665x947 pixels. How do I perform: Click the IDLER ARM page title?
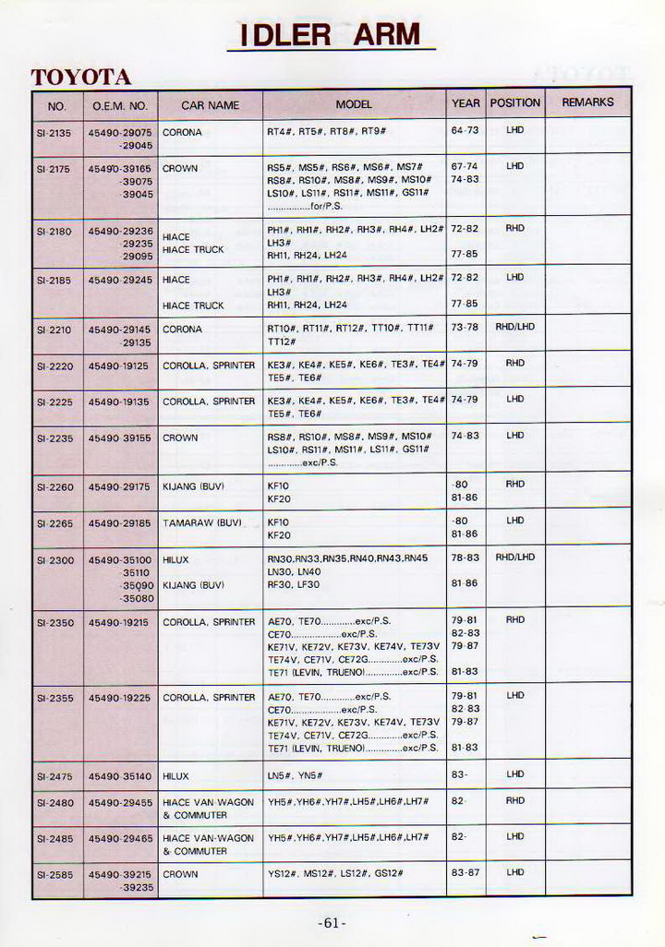pyautogui.click(x=331, y=35)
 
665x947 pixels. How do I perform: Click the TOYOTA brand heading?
pyautogui.click(x=81, y=78)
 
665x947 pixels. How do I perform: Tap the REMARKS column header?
pyautogui.click(x=587, y=103)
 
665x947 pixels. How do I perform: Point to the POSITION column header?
pyautogui.click(x=515, y=103)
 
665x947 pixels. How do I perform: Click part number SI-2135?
pyautogui.click(x=54, y=133)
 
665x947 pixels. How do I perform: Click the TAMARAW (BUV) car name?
pyautogui.click(x=202, y=522)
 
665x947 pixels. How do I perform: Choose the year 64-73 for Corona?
pyautogui.click(x=465, y=131)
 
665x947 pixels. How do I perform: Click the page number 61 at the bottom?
pyautogui.click(x=332, y=923)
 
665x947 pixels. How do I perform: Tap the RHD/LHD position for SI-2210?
pyautogui.click(x=515, y=327)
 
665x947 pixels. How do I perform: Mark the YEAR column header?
pyautogui.click(x=465, y=103)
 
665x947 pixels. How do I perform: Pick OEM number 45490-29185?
pyautogui.click(x=120, y=522)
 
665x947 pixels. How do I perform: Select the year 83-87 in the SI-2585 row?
pyautogui.click(x=465, y=872)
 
